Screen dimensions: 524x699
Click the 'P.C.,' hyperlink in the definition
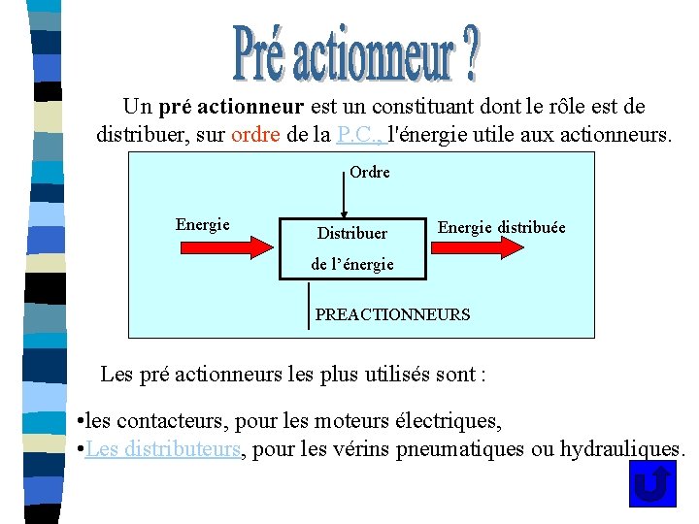coord(360,134)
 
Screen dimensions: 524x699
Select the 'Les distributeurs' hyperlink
coord(162,449)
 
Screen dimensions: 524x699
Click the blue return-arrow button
coord(652,482)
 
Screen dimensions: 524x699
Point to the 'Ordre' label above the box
coord(369,172)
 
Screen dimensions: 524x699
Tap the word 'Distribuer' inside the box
coord(351,233)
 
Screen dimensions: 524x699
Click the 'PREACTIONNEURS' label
coord(392,314)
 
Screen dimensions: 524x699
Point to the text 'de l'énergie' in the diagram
coord(351,264)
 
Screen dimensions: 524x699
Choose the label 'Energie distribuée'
coord(501,227)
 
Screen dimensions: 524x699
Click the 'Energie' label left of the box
coord(202,225)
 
